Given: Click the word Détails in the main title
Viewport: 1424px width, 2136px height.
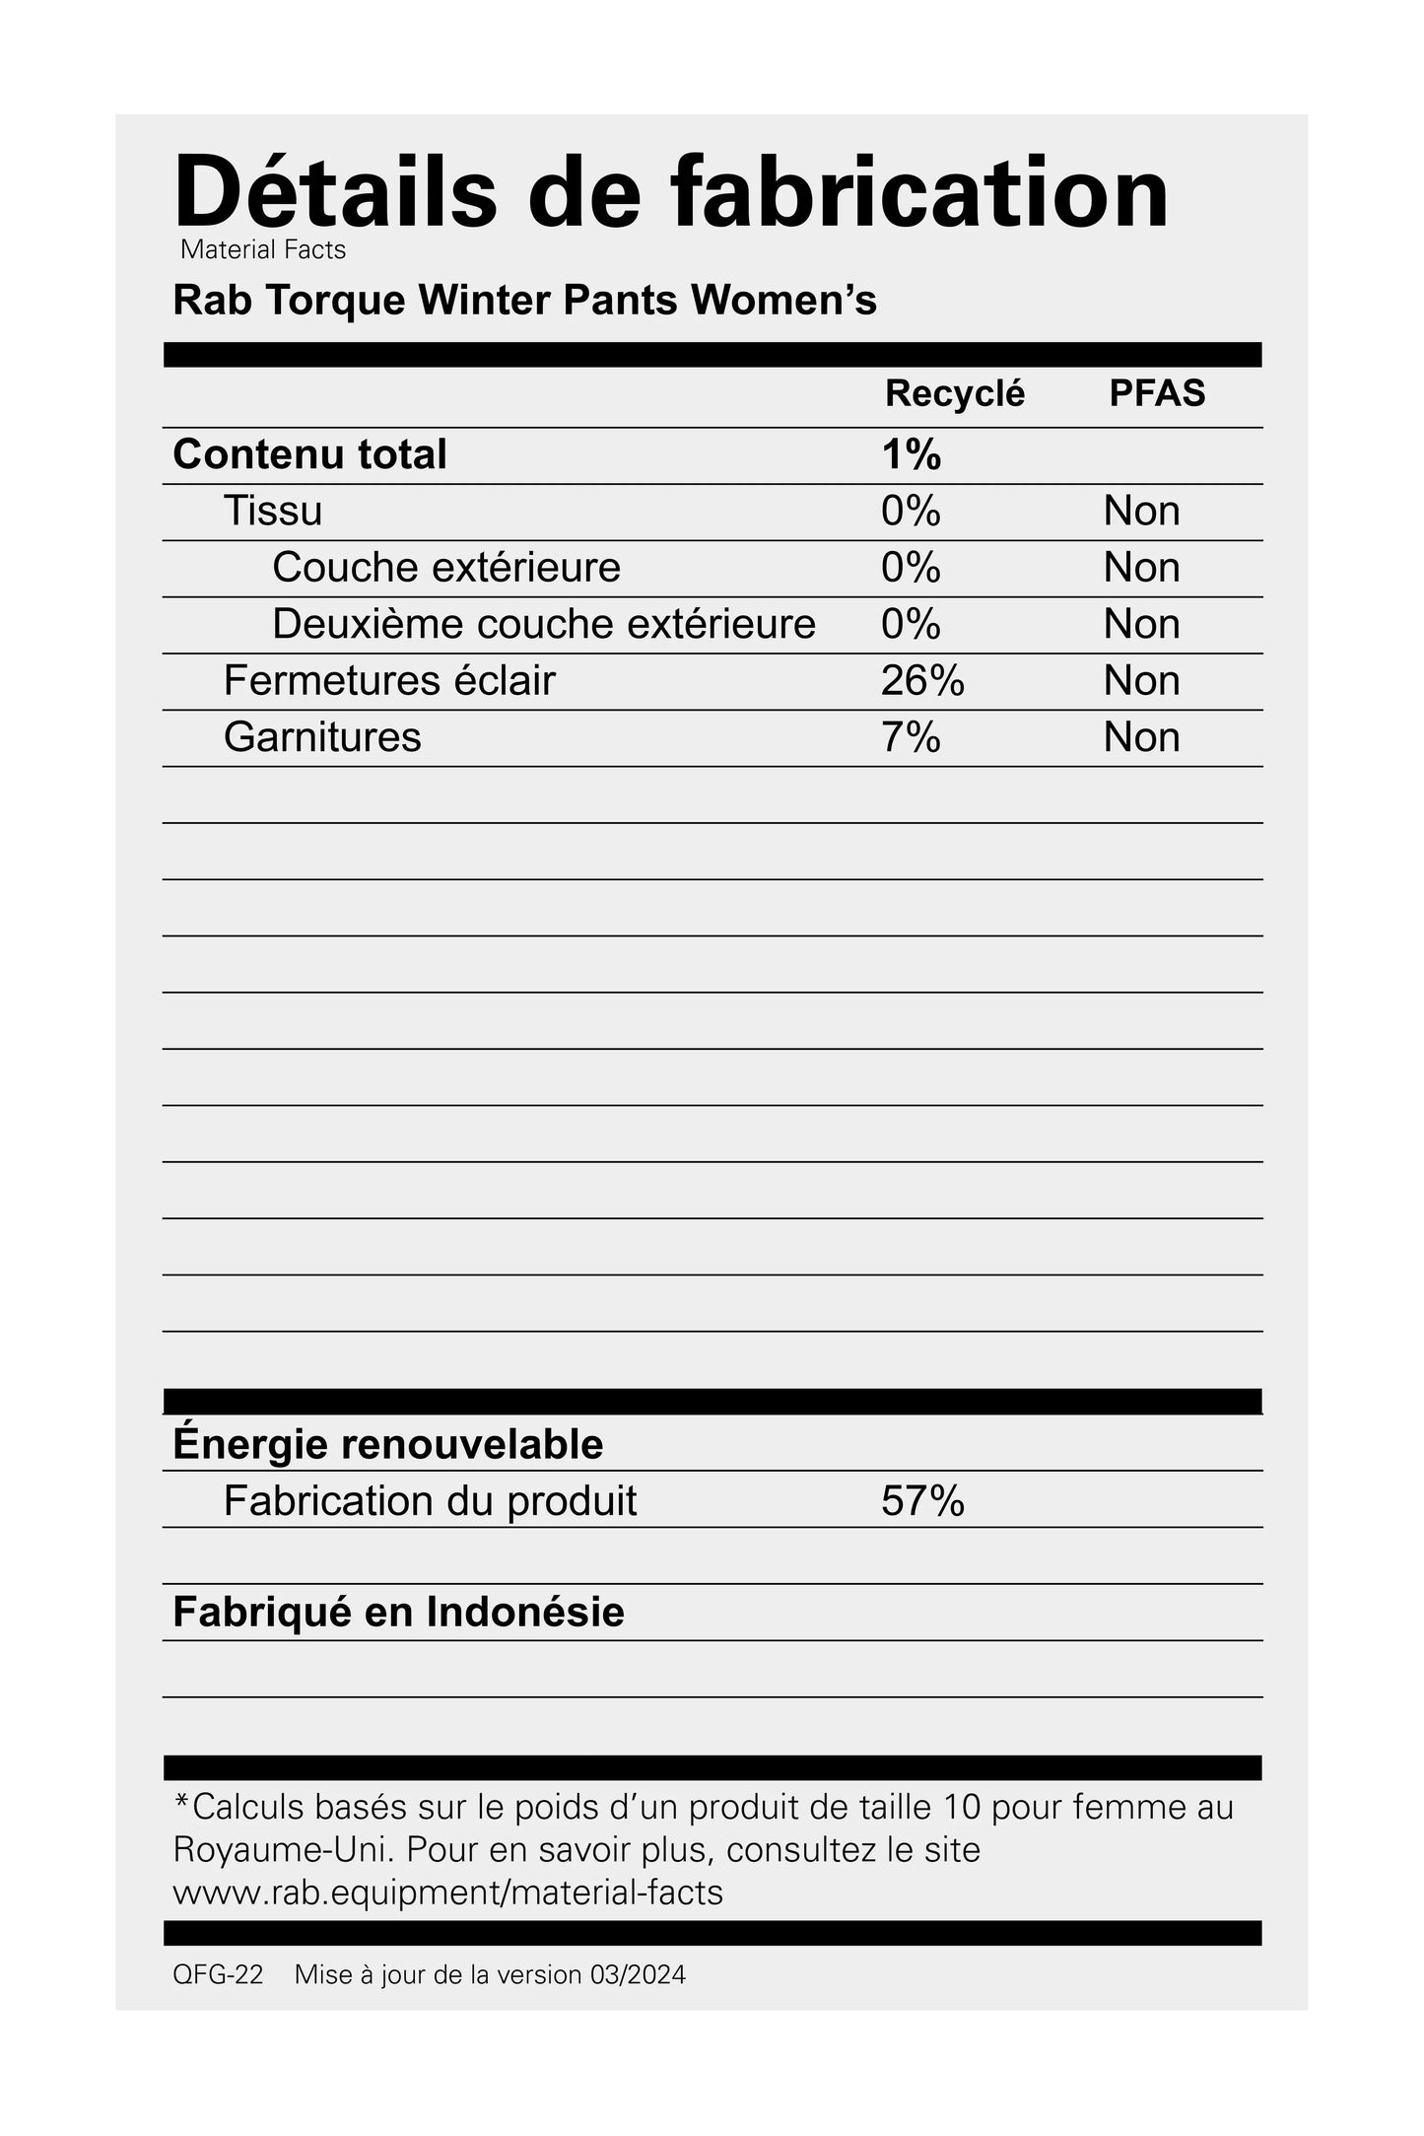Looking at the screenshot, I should (x=335, y=192).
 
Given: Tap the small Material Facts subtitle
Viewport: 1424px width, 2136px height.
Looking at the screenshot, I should (x=263, y=250).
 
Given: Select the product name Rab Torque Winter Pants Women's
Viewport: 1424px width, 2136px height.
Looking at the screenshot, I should (x=524, y=301).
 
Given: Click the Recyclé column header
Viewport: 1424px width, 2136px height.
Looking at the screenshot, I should (x=954, y=393).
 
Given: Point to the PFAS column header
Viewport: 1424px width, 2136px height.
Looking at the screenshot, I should (x=1157, y=393).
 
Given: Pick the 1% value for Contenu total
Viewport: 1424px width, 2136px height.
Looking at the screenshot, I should (x=911, y=454).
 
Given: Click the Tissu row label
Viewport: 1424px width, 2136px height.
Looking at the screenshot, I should (x=273, y=511).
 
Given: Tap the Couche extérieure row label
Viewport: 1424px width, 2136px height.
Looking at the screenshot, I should (x=446, y=568).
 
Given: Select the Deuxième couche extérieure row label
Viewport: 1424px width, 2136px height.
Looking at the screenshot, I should (x=544, y=624).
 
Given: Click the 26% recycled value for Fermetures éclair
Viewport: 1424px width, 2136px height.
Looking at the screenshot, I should (x=921, y=680).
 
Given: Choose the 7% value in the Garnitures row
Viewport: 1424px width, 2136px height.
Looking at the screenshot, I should (x=911, y=737).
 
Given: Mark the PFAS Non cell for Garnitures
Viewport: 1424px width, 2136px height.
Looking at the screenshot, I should (x=1141, y=737).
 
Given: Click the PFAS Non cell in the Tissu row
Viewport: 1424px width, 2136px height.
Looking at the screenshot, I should (x=1141, y=511).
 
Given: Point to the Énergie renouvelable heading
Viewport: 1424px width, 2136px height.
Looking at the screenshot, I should (x=387, y=1444).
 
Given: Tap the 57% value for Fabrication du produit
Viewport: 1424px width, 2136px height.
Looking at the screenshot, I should (x=921, y=1501).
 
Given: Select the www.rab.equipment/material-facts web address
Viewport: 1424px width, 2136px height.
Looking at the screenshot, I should (x=448, y=1892).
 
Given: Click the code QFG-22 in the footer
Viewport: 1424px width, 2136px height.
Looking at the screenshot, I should (x=218, y=1975).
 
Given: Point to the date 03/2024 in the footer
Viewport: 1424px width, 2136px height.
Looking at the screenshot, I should (x=638, y=1975).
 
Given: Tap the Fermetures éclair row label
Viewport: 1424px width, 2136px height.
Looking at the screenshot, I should (x=389, y=680).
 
